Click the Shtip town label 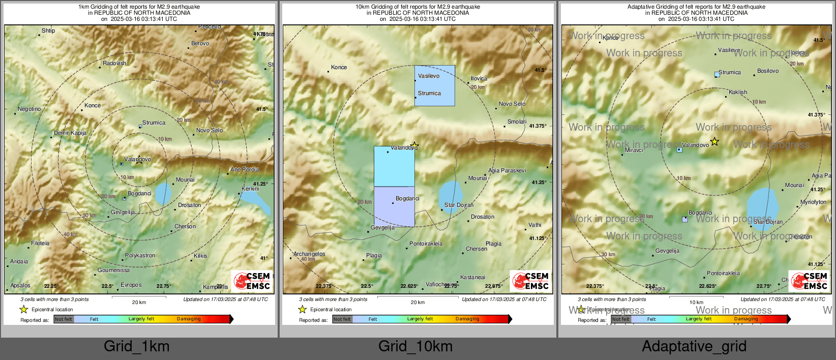[48, 31]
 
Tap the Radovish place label [114, 64]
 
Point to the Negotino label [29, 109]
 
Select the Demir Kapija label [70, 133]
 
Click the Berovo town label [200, 44]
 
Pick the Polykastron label [140, 256]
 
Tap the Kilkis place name [200, 256]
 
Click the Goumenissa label [113, 271]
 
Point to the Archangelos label [309, 254]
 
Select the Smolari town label [517, 122]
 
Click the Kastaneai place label [472, 278]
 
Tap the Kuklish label [738, 93]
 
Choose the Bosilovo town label [768, 71]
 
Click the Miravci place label [634, 151]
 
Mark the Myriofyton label [813, 202]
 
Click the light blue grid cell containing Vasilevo [434, 85]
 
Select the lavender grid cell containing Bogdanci [394, 206]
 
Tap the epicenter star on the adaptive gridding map [714, 142]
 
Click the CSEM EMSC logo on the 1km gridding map [252, 281]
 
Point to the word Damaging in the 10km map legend [467, 319]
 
